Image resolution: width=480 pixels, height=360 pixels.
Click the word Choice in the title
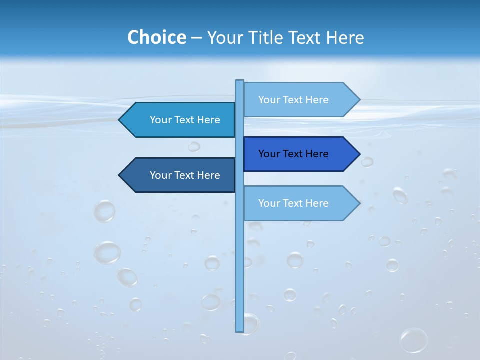[156, 37]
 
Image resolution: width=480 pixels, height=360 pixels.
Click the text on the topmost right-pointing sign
[293, 100]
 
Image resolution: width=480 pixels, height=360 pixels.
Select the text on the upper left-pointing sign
[185, 120]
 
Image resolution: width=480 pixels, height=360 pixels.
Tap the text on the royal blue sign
[293, 154]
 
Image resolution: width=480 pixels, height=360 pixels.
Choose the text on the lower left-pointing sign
[185, 175]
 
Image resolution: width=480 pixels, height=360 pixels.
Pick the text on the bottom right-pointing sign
[293, 203]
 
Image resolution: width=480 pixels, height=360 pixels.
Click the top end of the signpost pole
[239, 81]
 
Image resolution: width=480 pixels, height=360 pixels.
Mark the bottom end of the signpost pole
[239, 330]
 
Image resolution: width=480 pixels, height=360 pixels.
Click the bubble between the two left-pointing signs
[194, 146]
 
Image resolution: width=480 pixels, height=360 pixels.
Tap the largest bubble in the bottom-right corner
[413, 340]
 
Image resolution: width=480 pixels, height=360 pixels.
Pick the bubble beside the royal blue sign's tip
[367, 161]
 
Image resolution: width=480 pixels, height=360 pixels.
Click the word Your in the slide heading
[225, 37]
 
